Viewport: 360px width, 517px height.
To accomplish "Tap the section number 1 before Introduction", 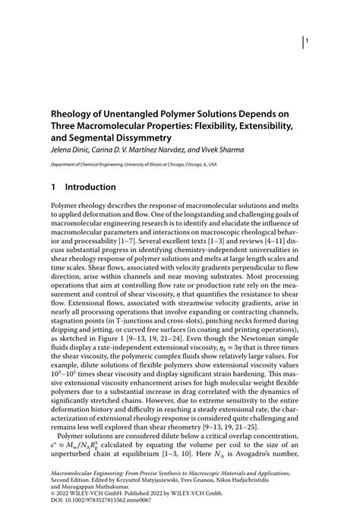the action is coord(54,187).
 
